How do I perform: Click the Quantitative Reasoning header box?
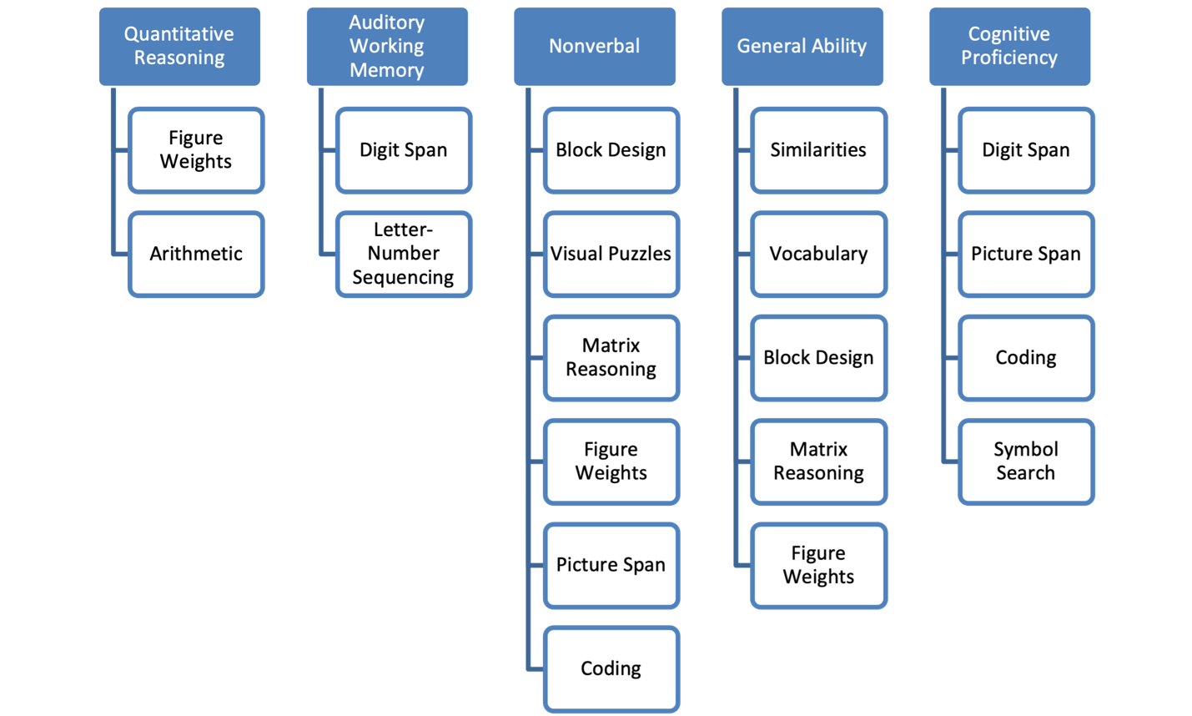(x=179, y=46)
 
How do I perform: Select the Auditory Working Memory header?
(x=387, y=46)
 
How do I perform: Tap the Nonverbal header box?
(x=595, y=46)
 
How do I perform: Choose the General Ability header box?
(x=802, y=46)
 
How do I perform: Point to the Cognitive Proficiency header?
(x=1009, y=46)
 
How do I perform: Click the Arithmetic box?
(x=196, y=254)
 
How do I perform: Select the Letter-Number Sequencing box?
(x=404, y=254)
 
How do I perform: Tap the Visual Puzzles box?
(x=611, y=254)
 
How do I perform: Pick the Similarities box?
(x=818, y=150)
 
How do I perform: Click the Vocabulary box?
(x=818, y=254)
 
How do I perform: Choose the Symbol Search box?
(x=1026, y=461)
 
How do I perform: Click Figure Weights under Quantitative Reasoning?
(x=196, y=150)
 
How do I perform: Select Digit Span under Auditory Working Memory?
(x=404, y=150)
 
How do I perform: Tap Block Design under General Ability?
(x=818, y=358)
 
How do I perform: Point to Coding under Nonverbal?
(x=611, y=669)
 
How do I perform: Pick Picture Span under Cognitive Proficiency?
(x=1026, y=254)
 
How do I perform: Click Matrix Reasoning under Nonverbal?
(x=611, y=358)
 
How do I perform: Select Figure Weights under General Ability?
(x=818, y=565)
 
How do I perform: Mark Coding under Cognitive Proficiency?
(x=1026, y=358)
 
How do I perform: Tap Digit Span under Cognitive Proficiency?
(x=1026, y=150)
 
